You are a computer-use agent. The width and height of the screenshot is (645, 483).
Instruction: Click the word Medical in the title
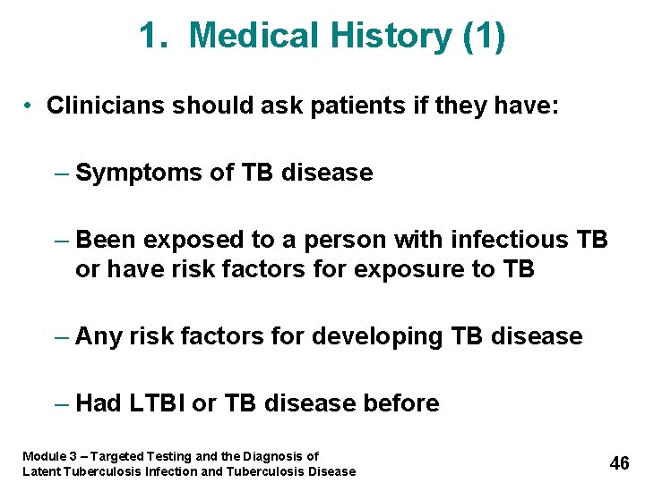pyautogui.click(x=254, y=37)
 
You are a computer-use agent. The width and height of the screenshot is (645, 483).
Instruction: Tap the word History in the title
pyautogui.click(x=391, y=37)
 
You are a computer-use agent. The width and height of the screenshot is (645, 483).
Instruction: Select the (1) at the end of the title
pyautogui.click(x=485, y=37)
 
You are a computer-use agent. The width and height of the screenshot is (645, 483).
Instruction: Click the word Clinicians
pyautogui.click(x=107, y=106)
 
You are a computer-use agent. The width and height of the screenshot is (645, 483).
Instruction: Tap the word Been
pyautogui.click(x=107, y=240)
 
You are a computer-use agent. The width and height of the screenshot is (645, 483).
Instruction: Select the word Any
pyautogui.click(x=99, y=336)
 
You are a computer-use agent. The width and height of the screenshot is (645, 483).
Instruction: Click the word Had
pyautogui.click(x=99, y=403)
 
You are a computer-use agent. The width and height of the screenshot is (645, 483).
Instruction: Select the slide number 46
pyautogui.click(x=619, y=463)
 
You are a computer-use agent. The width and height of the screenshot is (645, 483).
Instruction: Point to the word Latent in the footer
pyautogui.click(x=40, y=471)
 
